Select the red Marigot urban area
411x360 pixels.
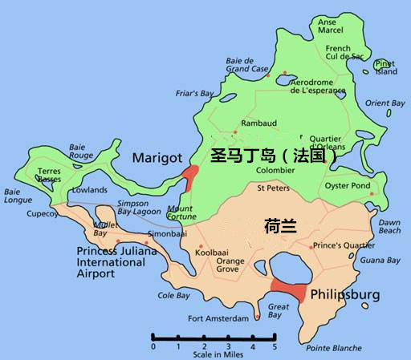(190, 175)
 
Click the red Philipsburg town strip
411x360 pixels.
(288, 290)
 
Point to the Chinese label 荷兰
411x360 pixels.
(280, 227)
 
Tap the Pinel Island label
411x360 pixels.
(386, 67)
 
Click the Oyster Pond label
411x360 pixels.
(347, 186)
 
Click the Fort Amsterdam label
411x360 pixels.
(219, 318)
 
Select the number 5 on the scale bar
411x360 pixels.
(274, 347)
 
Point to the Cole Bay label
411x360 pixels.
(173, 295)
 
